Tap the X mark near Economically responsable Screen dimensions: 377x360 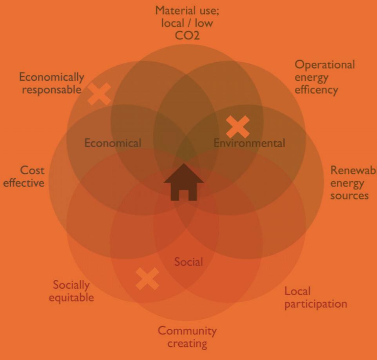tap(99, 94)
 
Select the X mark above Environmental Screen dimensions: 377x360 tap(238, 127)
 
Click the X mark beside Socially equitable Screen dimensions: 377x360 tap(147, 279)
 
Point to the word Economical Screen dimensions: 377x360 tap(113, 143)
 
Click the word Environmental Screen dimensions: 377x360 tap(249, 143)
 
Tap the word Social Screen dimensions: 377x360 tap(188, 262)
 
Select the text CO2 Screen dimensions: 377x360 tap(187, 36)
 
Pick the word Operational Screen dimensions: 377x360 tap(325, 64)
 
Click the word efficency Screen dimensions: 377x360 tap(316, 90)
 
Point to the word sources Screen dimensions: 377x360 tap(349, 195)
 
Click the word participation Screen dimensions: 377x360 tap(315, 304)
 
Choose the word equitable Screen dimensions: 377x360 tap(71, 297)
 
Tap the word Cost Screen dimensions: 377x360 tap(33, 170)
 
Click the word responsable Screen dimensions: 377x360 tap(51, 90)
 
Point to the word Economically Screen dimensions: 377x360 tap(52, 77)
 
